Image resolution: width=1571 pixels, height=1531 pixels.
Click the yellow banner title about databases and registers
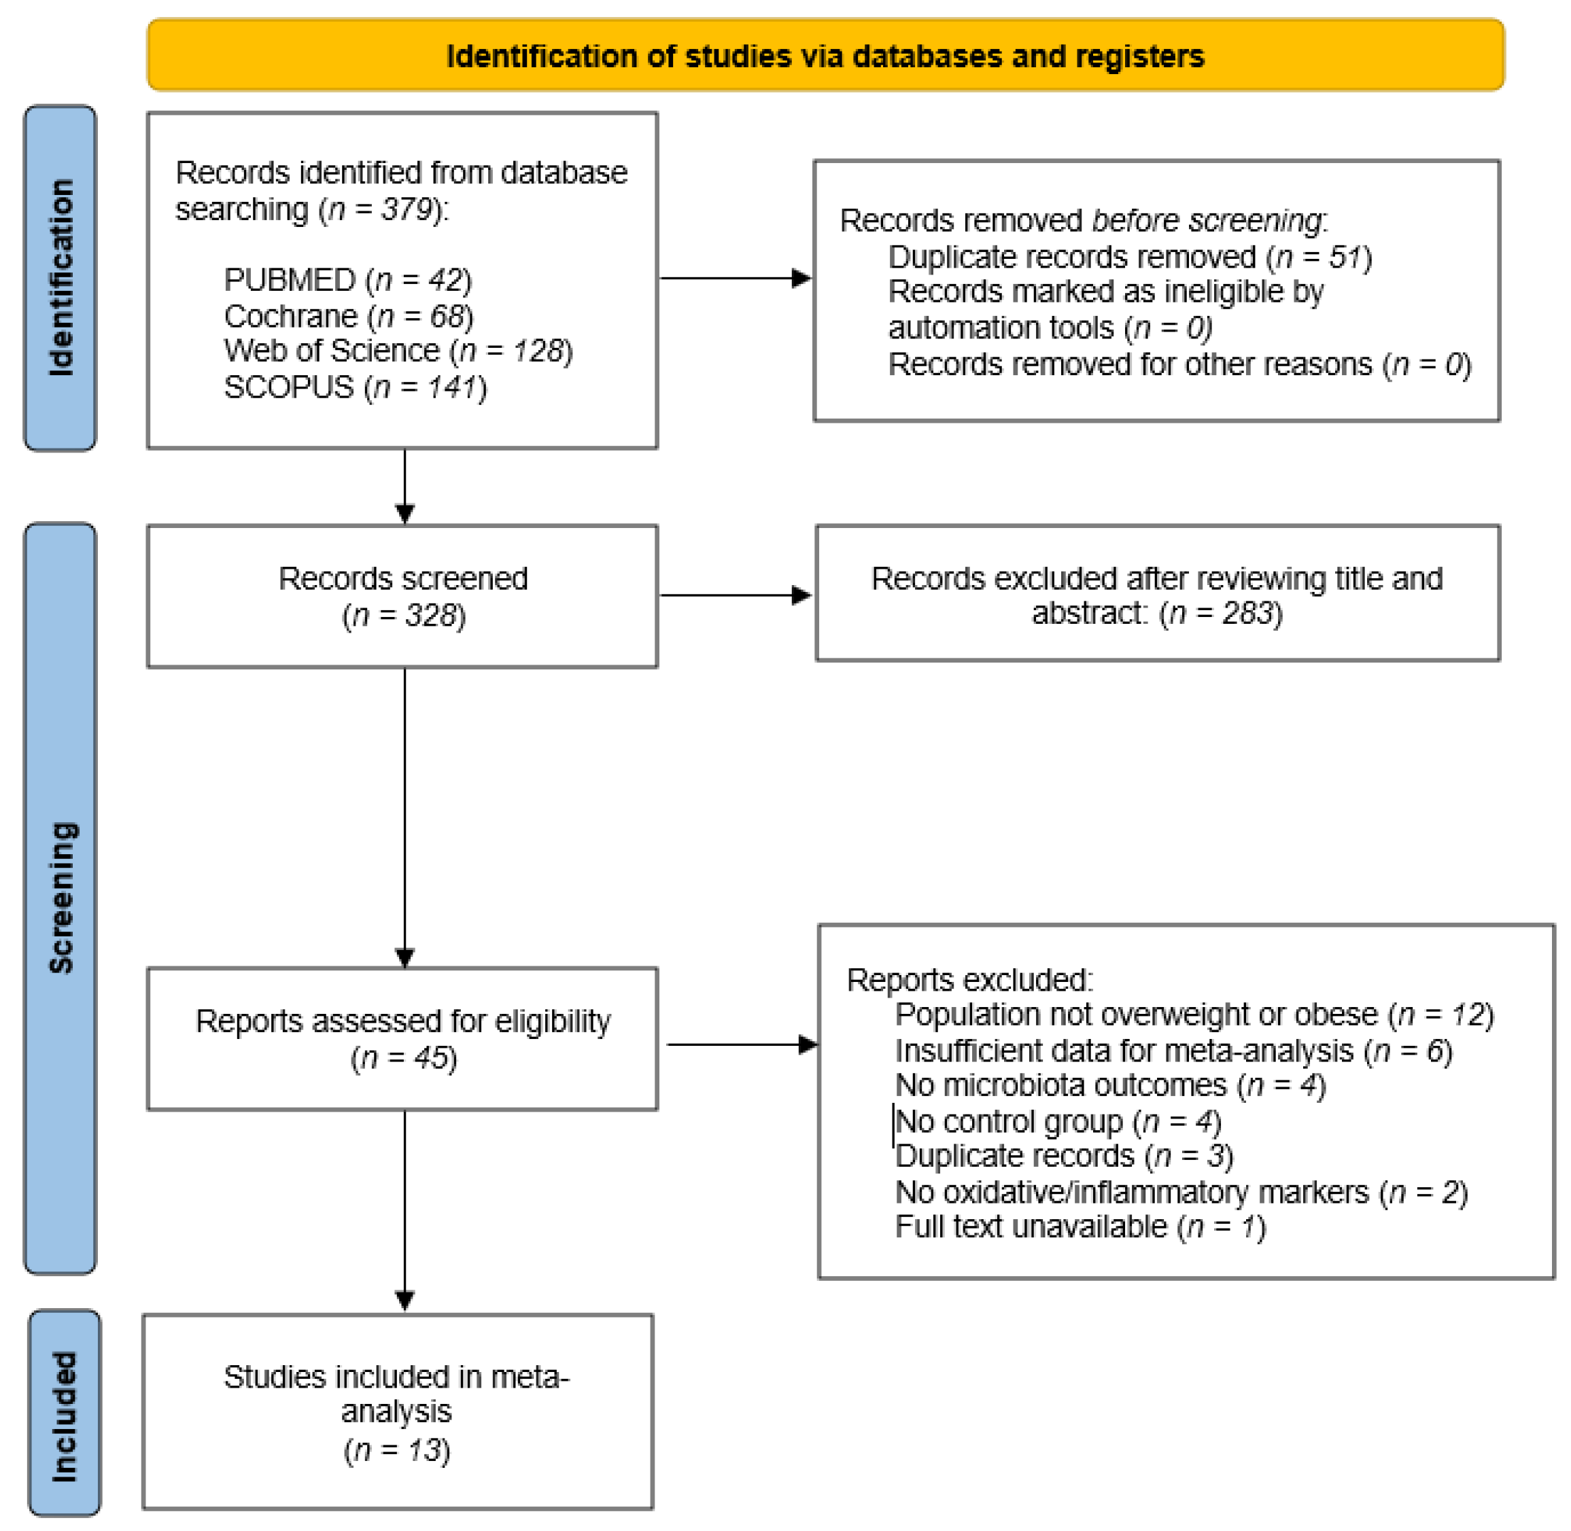point(825,56)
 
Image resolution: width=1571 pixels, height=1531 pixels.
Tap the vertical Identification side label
point(61,277)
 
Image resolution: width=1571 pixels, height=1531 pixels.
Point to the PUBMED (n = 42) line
point(347,280)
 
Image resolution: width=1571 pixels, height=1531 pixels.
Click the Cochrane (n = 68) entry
point(348,316)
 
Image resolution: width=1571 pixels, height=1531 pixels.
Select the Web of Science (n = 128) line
point(398,351)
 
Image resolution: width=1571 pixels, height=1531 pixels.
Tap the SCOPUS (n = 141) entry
point(355,387)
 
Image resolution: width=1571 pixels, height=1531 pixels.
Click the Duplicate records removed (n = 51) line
point(1129,258)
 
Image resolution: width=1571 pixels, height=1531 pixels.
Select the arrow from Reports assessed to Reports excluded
point(742,1044)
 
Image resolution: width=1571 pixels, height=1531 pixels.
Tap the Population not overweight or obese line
point(1194,1015)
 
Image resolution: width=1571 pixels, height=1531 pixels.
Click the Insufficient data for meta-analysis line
point(1173,1051)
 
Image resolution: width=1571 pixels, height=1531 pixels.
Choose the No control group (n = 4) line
point(1058,1121)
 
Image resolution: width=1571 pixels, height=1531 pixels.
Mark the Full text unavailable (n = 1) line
point(1080,1227)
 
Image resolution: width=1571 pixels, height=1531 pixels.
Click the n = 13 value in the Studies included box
point(398,1449)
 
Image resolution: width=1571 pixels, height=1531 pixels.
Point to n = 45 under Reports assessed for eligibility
point(404,1057)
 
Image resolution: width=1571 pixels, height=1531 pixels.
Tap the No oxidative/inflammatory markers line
point(1181,1192)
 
